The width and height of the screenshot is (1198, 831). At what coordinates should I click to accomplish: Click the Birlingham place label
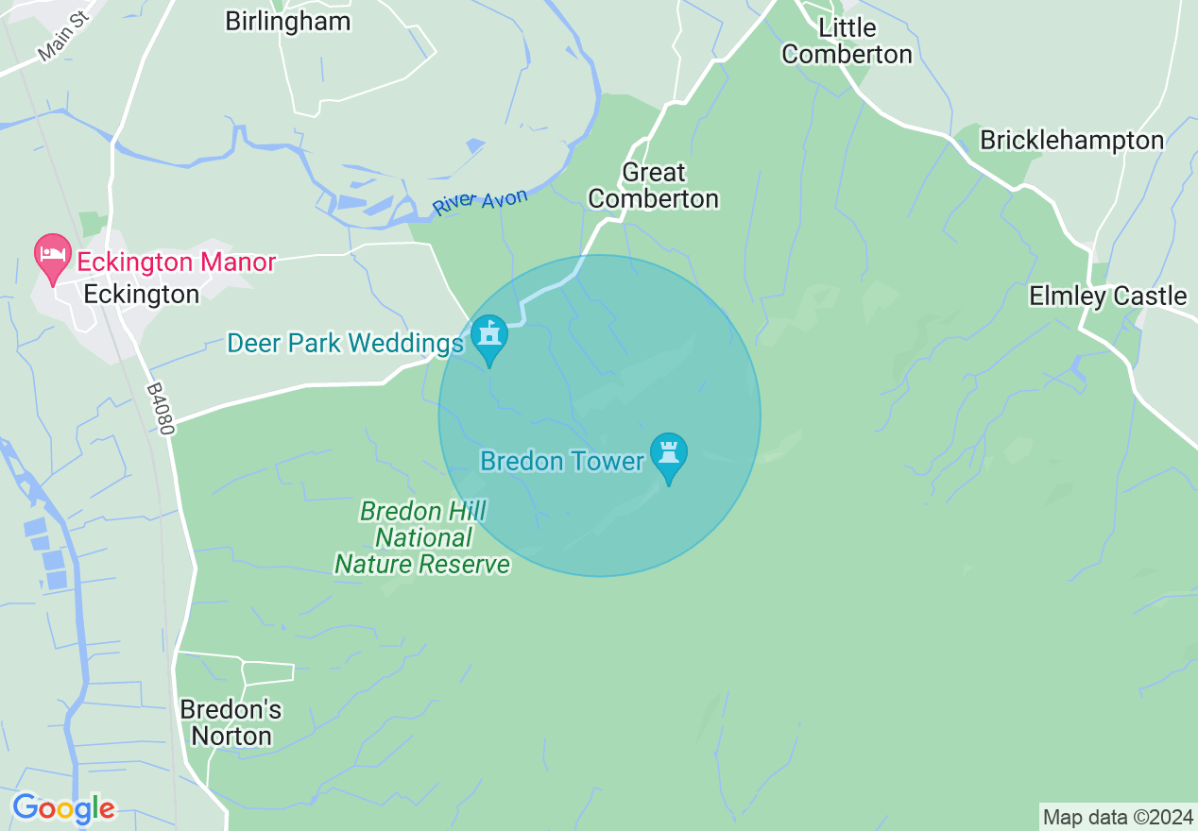click(287, 21)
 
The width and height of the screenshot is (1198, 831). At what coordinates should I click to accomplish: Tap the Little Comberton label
click(847, 41)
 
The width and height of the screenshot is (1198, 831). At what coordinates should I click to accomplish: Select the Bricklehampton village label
click(1071, 141)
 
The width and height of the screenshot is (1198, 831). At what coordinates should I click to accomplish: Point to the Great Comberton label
click(653, 185)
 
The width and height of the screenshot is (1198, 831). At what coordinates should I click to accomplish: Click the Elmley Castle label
click(1107, 296)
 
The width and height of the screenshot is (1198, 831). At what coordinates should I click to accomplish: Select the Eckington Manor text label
click(176, 262)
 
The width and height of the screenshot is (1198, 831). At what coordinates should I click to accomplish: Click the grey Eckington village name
click(141, 294)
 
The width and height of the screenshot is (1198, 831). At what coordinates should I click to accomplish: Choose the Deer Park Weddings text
click(345, 343)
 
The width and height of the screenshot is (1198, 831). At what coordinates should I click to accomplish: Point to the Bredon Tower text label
click(562, 461)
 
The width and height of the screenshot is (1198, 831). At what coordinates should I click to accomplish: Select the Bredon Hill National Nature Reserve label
click(422, 538)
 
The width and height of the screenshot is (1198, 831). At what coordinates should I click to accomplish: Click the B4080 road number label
click(162, 408)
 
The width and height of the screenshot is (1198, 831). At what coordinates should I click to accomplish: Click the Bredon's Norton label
click(231, 722)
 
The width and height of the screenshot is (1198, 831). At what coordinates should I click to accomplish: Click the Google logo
click(63, 808)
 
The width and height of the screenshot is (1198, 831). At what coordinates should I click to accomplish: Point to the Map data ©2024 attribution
click(1118, 817)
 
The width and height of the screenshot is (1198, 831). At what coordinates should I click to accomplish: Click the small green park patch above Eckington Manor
click(93, 224)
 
